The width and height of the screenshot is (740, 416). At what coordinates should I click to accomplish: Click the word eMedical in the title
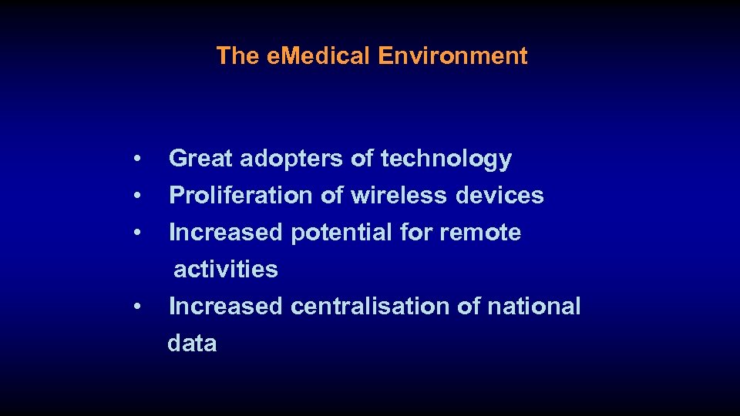317,56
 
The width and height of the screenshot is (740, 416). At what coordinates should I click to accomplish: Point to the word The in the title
237,56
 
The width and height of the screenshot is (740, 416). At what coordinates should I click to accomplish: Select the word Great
200,159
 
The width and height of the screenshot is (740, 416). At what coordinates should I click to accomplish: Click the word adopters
292,159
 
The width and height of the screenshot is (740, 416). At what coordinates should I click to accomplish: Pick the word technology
446,159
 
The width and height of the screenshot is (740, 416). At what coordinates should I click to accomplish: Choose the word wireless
399,196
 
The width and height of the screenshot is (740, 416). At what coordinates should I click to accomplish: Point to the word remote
482,233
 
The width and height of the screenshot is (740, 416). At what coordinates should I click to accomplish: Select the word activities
226,270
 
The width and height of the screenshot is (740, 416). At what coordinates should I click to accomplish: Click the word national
533,307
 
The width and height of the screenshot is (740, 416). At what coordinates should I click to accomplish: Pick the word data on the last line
192,344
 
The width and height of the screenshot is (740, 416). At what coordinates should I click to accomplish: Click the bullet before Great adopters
136,159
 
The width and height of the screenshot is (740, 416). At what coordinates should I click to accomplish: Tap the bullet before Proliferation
136,196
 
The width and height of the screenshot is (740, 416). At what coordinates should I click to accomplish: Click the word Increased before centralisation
226,307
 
